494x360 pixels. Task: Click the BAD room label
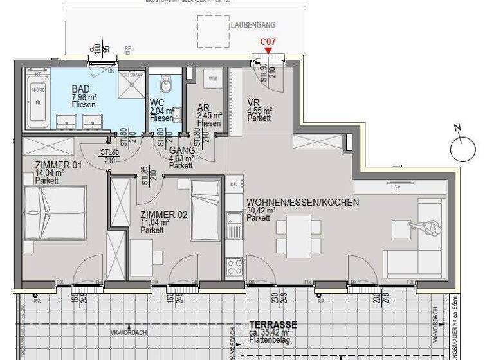(x=80, y=89)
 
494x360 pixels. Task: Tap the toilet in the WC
(x=166, y=84)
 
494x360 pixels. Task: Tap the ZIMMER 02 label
(x=164, y=215)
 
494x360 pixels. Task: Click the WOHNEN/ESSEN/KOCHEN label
(x=302, y=202)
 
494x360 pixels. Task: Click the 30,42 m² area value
(x=261, y=210)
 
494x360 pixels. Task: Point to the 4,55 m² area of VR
(x=260, y=111)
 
